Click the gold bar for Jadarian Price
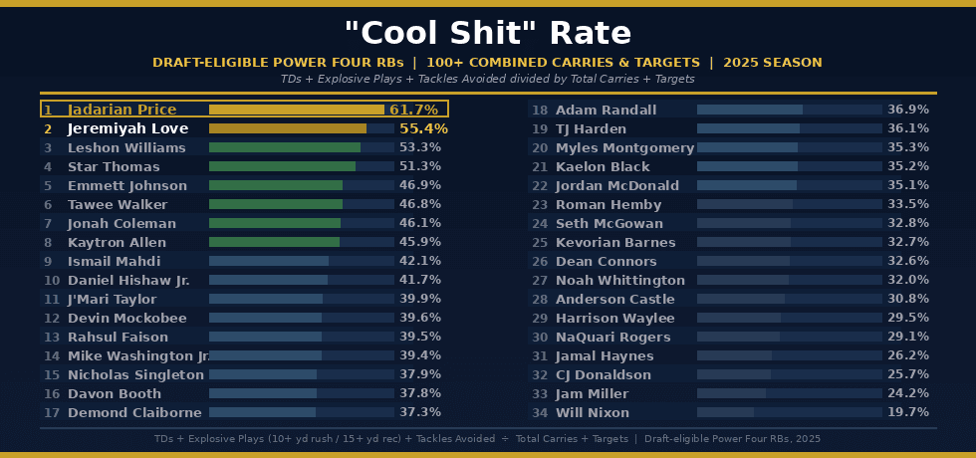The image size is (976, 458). tap(296, 110)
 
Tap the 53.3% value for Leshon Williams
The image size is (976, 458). tap(419, 147)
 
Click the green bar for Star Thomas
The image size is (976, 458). tap(282, 166)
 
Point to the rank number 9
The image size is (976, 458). tap(47, 261)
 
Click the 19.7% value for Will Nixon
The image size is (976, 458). tap(907, 412)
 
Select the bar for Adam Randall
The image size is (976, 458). tap(749, 110)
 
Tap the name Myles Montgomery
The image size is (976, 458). tap(624, 147)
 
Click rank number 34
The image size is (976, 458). tap(540, 412)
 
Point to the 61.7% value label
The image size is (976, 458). tap(414, 110)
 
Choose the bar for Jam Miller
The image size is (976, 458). tap(731, 393)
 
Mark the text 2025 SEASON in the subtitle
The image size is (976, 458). tap(773, 62)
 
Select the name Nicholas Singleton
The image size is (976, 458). tap(135, 374)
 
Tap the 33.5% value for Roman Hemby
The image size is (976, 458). tap(907, 204)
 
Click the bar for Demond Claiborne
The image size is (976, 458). tap(262, 412)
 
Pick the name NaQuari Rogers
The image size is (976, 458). tap(613, 337)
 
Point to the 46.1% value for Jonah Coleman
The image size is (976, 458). tap(419, 223)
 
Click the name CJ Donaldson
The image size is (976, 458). tap(603, 374)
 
